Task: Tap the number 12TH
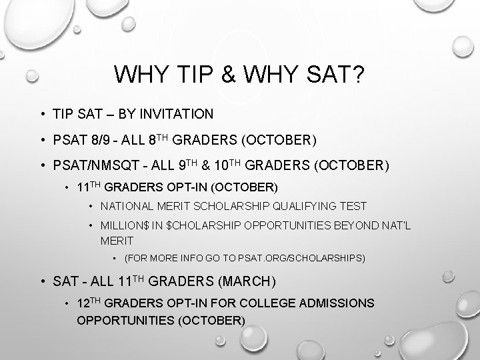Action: coord(91,303)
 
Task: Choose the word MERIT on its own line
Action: coord(116,240)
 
